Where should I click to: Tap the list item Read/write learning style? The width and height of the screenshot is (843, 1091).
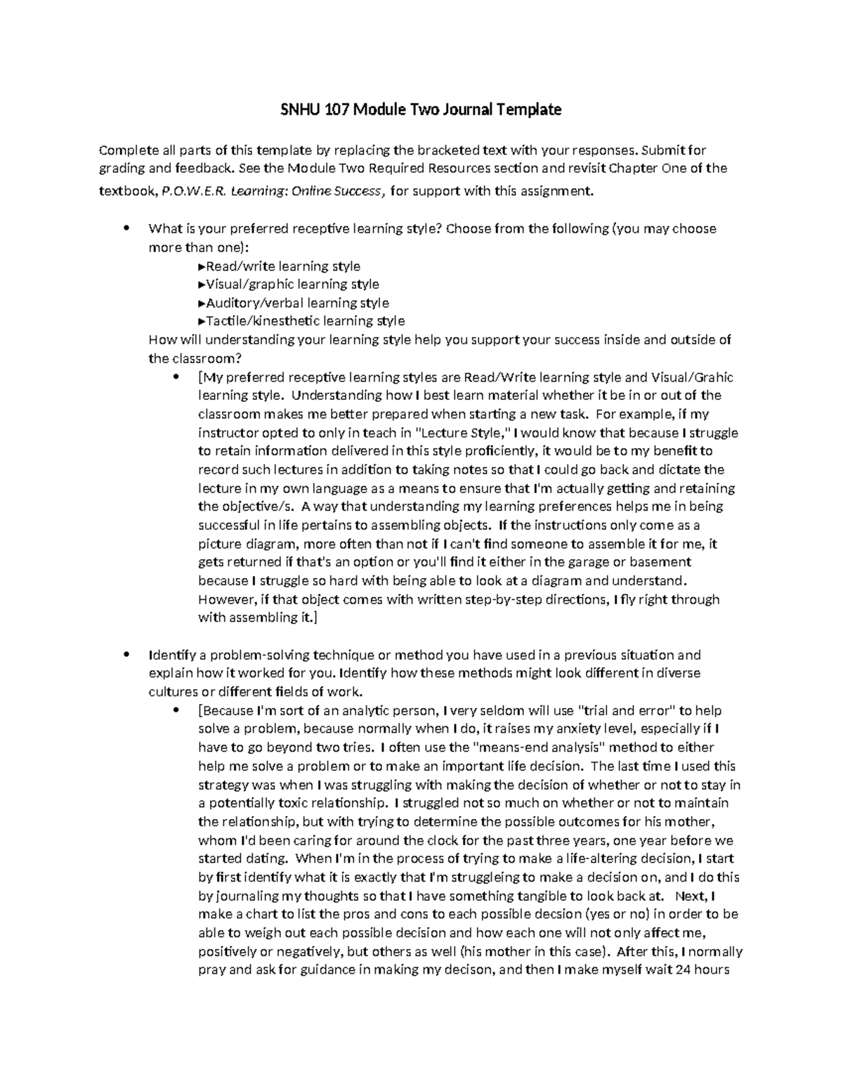(280, 266)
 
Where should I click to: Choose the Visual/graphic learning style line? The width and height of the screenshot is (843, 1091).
(289, 285)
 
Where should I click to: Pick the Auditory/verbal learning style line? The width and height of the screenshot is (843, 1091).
(294, 303)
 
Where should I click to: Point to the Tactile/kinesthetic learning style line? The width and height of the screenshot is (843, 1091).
(302, 321)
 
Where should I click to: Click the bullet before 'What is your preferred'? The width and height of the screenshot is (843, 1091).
(126, 228)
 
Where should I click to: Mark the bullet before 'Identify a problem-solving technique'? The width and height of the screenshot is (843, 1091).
(126, 655)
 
